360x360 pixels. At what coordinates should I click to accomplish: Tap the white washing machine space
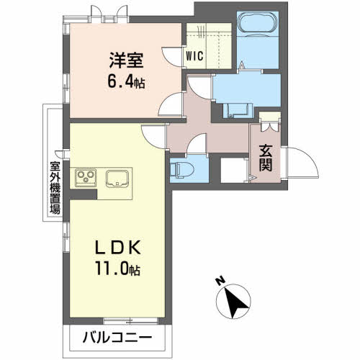233,170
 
